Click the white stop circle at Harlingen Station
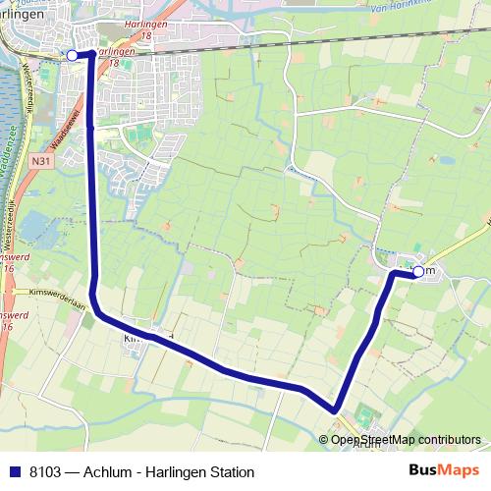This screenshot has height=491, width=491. coord(72,55)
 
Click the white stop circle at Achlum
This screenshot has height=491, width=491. coord(418,271)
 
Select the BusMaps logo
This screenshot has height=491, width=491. coord(443,471)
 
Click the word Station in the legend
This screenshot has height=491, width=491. coord(229,472)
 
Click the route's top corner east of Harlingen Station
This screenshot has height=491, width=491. coord(91,52)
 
